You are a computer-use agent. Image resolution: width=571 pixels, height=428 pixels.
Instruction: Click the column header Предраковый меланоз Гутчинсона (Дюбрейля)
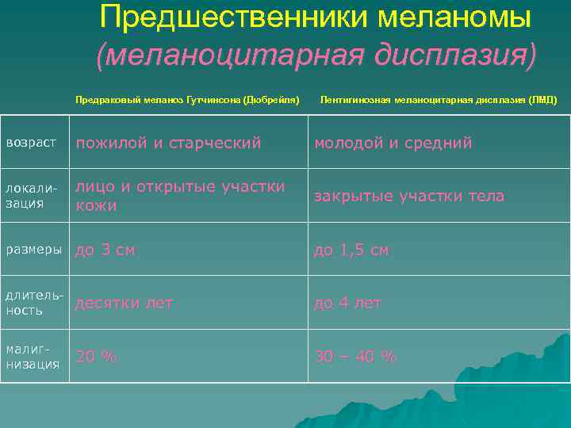point(187,101)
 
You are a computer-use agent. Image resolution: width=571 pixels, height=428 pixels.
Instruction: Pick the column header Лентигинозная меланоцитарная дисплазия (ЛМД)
point(439,101)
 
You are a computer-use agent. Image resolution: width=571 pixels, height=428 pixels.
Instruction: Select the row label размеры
point(34,250)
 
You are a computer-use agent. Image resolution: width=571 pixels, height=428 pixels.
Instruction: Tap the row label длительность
point(34,303)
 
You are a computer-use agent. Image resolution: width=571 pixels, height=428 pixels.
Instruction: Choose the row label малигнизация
point(33,357)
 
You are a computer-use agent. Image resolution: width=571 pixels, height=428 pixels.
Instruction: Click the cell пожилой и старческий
point(168,143)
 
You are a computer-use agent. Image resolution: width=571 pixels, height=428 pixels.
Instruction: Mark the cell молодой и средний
point(393,143)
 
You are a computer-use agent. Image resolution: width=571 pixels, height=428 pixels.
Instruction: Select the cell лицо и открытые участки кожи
point(180,196)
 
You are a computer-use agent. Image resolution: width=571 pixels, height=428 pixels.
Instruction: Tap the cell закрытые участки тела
point(409,196)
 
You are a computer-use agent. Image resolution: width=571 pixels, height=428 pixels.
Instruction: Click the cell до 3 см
point(105,250)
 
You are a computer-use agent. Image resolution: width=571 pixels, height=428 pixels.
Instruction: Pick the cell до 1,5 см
point(352,250)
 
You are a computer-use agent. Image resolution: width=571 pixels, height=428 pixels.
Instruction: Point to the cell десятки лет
point(125,303)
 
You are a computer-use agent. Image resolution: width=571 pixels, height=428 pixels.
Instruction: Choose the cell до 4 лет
point(348,303)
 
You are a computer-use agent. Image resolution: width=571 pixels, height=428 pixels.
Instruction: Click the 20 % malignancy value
point(96,357)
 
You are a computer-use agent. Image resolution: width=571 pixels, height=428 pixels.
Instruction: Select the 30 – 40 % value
point(355,357)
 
